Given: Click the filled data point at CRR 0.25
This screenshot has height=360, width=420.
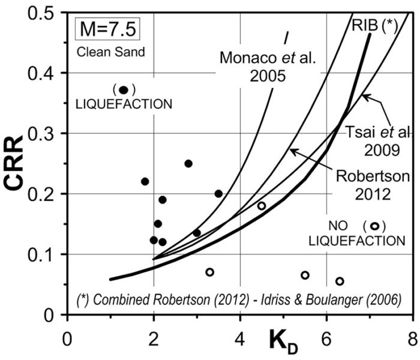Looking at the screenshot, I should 188,163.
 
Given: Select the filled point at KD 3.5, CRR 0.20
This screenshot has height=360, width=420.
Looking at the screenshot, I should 218,193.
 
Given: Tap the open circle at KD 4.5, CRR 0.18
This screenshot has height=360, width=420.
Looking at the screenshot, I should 262,206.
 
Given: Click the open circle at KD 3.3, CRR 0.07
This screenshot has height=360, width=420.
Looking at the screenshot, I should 209,272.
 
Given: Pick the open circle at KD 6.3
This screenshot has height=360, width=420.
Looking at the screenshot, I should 340,281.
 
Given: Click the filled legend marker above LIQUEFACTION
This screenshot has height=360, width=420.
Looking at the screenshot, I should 124,90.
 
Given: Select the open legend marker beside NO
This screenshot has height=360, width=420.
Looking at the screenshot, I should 374,226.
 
